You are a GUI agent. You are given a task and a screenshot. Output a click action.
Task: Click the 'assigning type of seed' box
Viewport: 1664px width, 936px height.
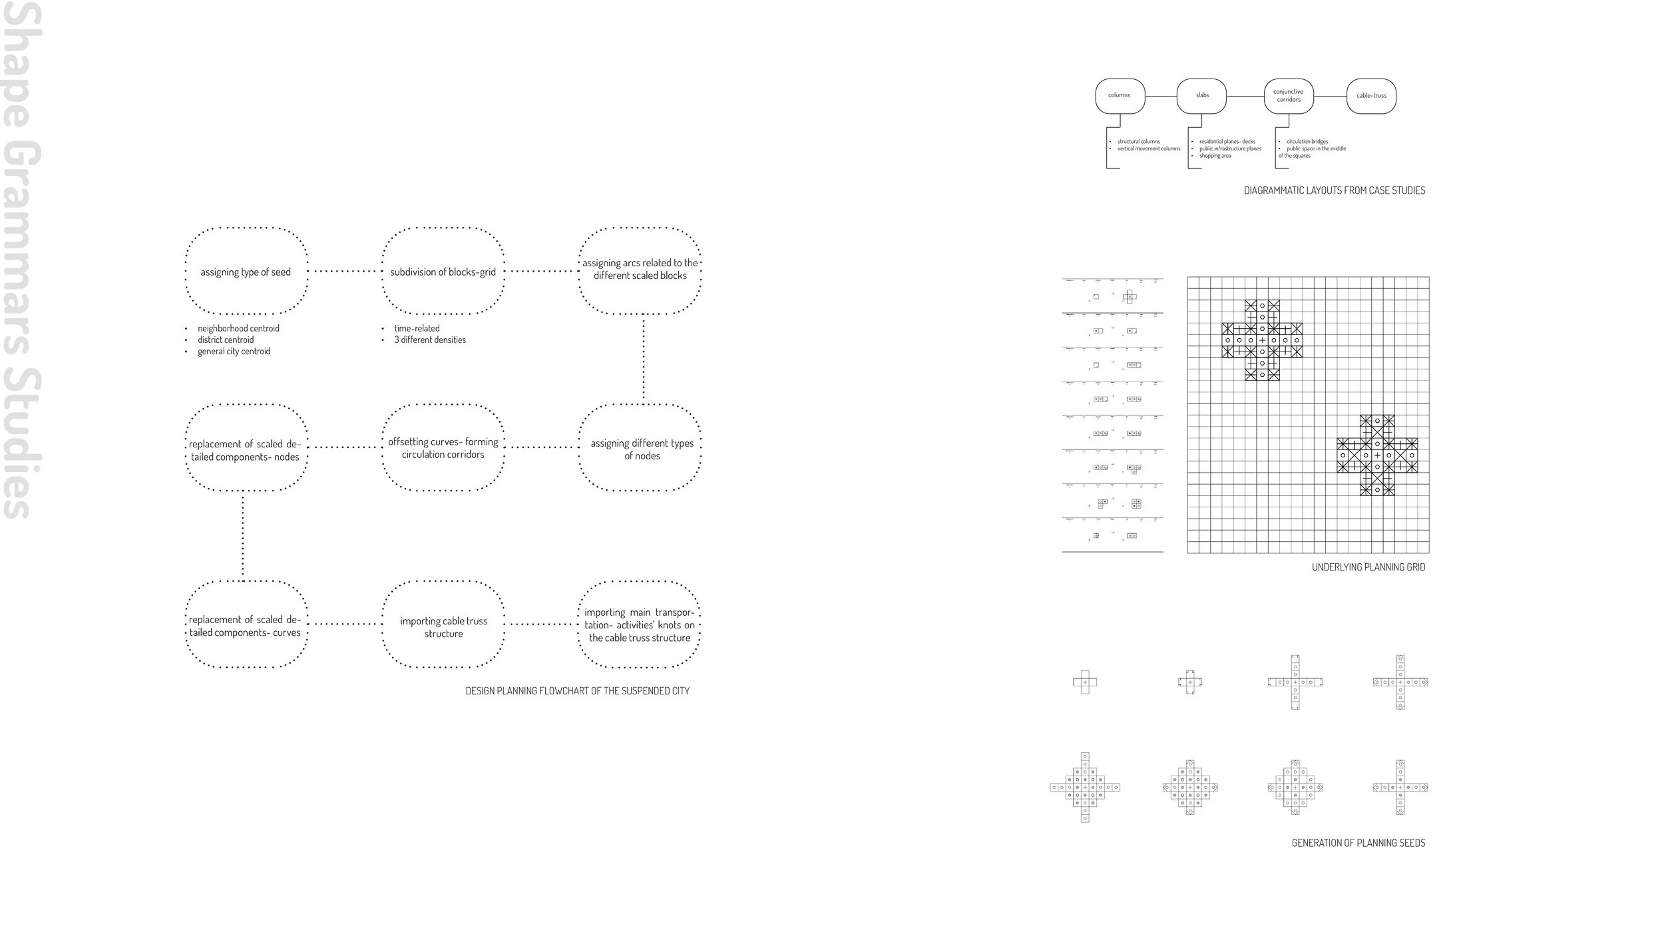coord(246,272)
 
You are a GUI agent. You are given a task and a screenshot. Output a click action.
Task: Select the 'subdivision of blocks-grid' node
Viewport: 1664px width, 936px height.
coord(443,272)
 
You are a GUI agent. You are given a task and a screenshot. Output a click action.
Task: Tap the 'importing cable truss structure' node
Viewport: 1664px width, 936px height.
coord(443,626)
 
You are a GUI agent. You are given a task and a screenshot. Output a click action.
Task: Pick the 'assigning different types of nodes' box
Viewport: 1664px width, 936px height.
coord(642,449)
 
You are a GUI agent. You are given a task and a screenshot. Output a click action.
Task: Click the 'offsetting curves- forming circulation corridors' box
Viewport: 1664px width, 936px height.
coord(443,447)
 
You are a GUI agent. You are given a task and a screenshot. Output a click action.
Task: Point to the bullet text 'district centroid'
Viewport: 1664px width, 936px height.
coord(225,340)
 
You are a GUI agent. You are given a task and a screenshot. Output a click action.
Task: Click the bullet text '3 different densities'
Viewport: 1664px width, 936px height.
coord(429,340)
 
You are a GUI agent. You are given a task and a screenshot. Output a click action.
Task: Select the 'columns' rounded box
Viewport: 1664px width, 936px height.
coord(1120,96)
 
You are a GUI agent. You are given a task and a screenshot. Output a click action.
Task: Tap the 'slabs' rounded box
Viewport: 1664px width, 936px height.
coord(1202,96)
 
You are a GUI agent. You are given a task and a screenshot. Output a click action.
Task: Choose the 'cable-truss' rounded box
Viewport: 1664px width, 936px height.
coord(1371,96)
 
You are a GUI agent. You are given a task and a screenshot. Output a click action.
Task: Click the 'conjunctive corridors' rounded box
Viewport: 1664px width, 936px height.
coord(1289,96)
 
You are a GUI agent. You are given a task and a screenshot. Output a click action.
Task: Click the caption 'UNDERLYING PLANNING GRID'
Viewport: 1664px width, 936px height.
coord(1368,567)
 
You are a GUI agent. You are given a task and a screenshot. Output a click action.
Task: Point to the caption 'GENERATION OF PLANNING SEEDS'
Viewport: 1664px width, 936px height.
coord(1358,843)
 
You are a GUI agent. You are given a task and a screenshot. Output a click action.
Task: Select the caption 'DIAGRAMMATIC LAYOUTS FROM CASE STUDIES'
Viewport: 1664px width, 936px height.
coord(1334,190)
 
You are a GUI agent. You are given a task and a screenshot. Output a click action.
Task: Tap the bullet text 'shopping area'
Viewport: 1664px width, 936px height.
coord(1215,156)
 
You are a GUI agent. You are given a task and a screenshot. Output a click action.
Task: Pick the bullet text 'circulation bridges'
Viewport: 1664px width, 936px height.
coord(1307,142)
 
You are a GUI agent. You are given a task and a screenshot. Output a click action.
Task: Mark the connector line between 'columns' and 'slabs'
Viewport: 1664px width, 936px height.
coord(1161,96)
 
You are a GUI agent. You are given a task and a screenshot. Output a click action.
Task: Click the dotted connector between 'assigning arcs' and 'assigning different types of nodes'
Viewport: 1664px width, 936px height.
coord(643,359)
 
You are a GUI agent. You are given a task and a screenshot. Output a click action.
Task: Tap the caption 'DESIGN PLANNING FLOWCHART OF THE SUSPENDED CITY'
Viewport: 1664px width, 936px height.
coord(577,691)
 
